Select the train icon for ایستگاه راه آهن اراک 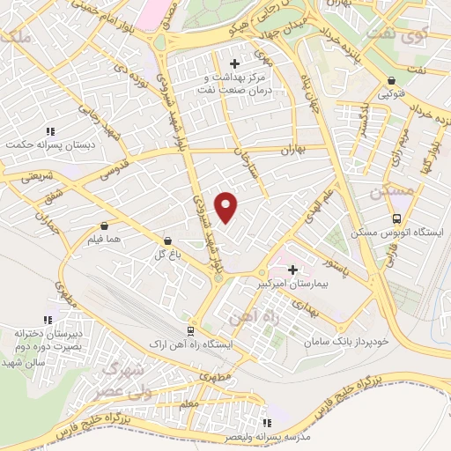pyautogui.click(x=189, y=330)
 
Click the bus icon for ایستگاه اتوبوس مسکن pyautogui.click(x=396, y=218)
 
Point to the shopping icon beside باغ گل pyautogui.click(x=167, y=240)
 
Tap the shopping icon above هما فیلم pyautogui.click(x=105, y=225)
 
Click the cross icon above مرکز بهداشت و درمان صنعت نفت pyautogui.click(x=234, y=63)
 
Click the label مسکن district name pyautogui.click(x=388, y=193)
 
